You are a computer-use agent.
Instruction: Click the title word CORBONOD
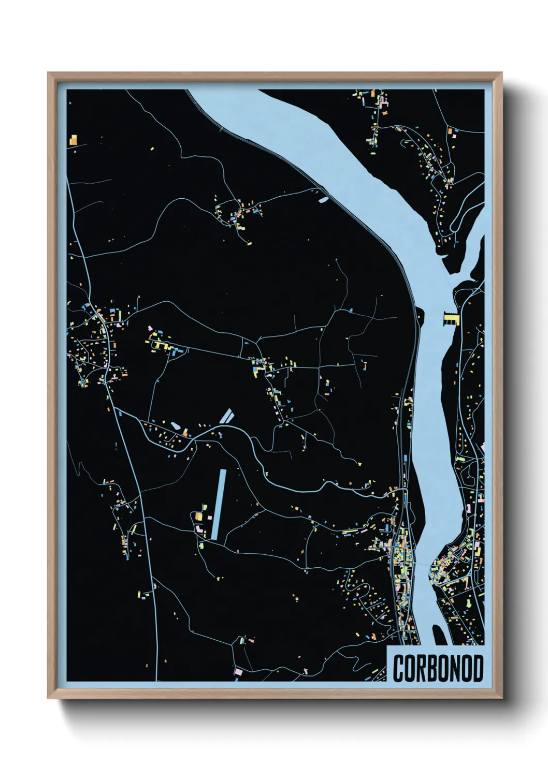[x=438, y=668]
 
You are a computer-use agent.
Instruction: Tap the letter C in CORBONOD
[x=399, y=668]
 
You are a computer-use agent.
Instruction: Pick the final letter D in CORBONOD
[x=478, y=668]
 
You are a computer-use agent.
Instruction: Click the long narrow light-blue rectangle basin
[x=219, y=504]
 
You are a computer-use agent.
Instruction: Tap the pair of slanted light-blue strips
[x=226, y=416]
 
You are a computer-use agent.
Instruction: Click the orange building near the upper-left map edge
[x=74, y=140]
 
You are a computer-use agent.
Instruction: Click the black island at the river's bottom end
[x=438, y=634]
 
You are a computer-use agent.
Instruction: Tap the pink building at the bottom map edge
[x=239, y=671]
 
